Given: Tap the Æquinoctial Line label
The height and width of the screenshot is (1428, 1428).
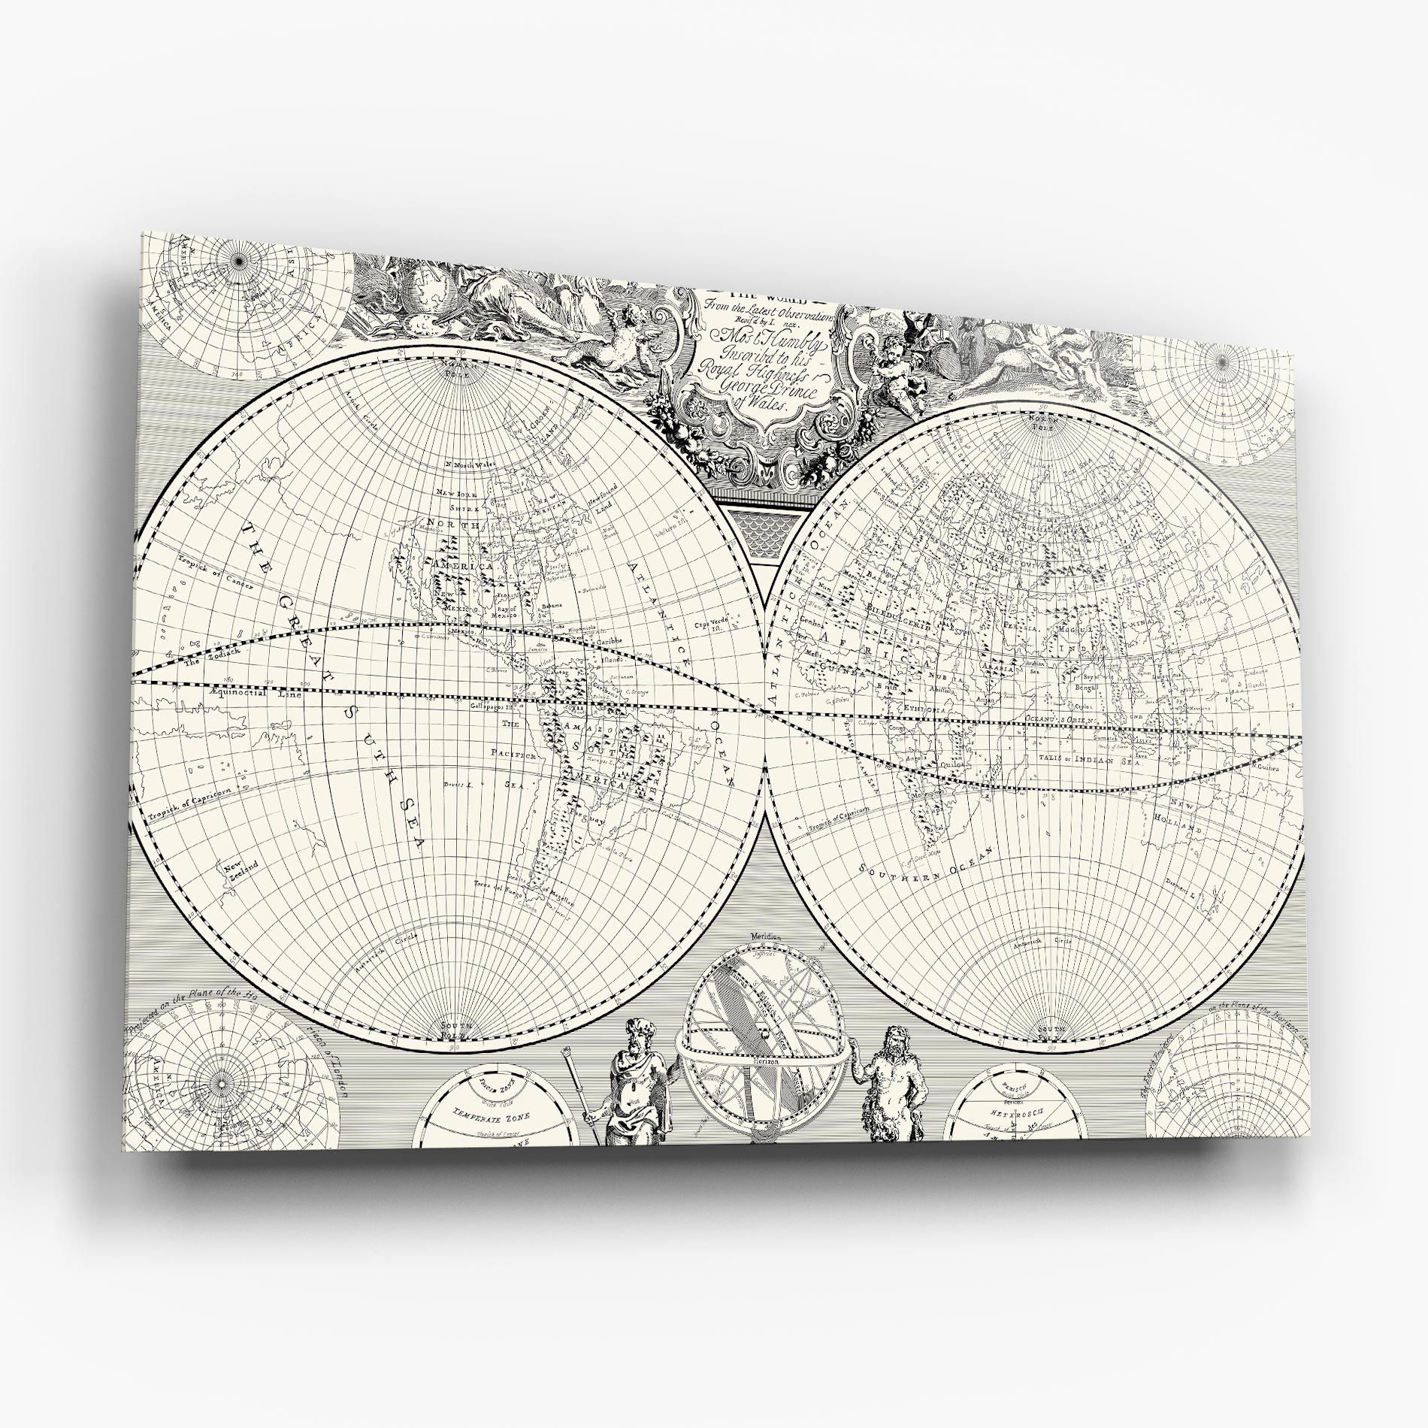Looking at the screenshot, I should click(x=256, y=692).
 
